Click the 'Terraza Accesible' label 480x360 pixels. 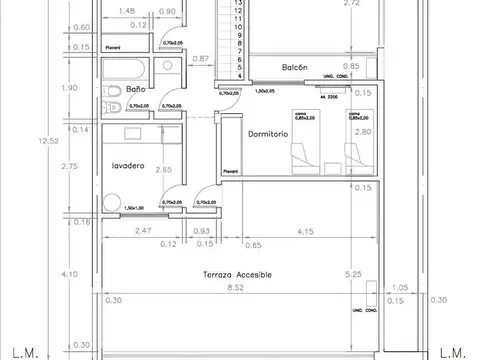pos(238,274)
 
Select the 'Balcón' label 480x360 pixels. pos(293,67)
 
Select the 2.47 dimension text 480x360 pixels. pos(115,232)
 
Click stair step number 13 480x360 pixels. pos(238,3)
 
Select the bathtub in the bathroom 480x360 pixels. pos(129,73)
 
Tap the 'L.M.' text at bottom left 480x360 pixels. pos(26,351)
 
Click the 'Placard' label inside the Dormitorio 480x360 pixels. pos(231,171)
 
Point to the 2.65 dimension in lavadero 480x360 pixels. pos(163,170)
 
